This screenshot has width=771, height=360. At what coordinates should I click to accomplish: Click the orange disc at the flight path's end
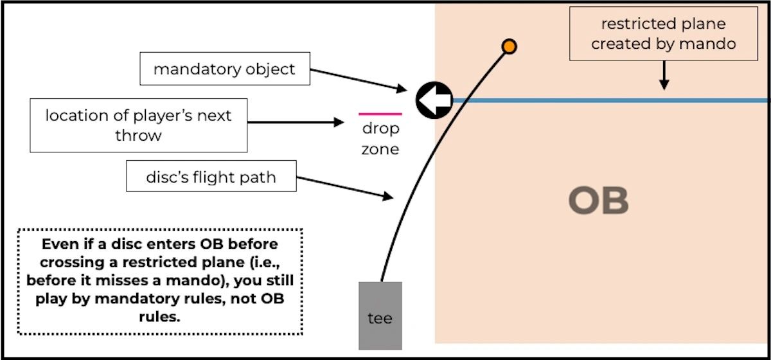pyautogui.click(x=509, y=46)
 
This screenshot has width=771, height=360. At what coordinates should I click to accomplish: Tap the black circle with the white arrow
pyautogui.click(x=434, y=100)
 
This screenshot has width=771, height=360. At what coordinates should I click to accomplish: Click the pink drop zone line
pyautogui.click(x=380, y=114)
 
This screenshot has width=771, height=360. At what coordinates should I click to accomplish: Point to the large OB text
pyautogui.click(x=598, y=202)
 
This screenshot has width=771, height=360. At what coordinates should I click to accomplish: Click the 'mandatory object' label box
pyautogui.click(x=224, y=69)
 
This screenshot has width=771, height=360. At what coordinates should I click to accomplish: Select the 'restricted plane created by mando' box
pyautogui.click(x=664, y=35)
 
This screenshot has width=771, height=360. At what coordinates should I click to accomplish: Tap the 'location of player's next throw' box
pyautogui.click(x=138, y=125)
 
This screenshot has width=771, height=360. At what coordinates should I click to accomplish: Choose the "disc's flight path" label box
pyautogui.click(x=211, y=176)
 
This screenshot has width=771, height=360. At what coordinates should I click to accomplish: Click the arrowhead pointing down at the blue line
pyautogui.click(x=664, y=84)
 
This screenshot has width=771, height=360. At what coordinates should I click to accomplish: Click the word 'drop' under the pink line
pyautogui.click(x=380, y=129)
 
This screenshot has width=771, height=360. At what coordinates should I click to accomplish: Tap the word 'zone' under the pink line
pyautogui.click(x=380, y=150)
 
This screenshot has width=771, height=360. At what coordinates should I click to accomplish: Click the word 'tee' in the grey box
pyautogui.click(x=380, y=318)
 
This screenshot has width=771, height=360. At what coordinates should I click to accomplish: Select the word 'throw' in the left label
pyautogui.click(x=138, y=136)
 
